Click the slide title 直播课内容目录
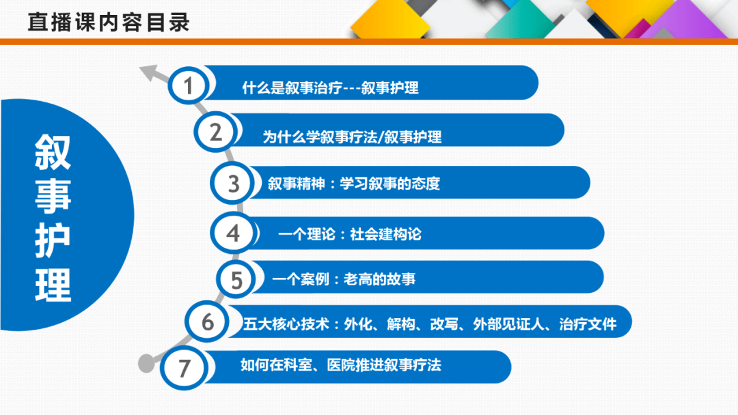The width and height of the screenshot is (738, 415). click(x=109, y=23)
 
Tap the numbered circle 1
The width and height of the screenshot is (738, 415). click(x=189, y=85)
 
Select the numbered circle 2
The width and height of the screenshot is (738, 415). click(x=215, y=132)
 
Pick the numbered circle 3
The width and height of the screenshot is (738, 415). click(x=232, y=184)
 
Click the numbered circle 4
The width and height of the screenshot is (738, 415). click(x=232, y=233)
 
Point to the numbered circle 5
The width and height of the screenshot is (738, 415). click(x=236, y=279)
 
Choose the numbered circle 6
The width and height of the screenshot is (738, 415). click(x=207, y=322)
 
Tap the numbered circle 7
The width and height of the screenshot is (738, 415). click(x=184, y=368)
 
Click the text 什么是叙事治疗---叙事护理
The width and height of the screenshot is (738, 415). click(x=331, y=88)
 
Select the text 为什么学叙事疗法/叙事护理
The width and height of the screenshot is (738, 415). click(x=352, y=137)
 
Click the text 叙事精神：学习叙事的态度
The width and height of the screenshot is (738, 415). click(x=354, y=184)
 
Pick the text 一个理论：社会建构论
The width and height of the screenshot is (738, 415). click(x=350, y=234)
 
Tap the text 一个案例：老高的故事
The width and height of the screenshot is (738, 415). click(x=344, y=279)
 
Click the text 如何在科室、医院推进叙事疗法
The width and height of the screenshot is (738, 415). click(x=341, y=364)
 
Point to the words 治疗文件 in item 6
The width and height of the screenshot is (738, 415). click(x=588, y=324)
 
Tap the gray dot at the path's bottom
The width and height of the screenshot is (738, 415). click(x=146, y=363)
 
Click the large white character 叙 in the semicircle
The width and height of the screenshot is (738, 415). click(x=53, y=152)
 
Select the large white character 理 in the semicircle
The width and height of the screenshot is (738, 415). click(x=53, y=285)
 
